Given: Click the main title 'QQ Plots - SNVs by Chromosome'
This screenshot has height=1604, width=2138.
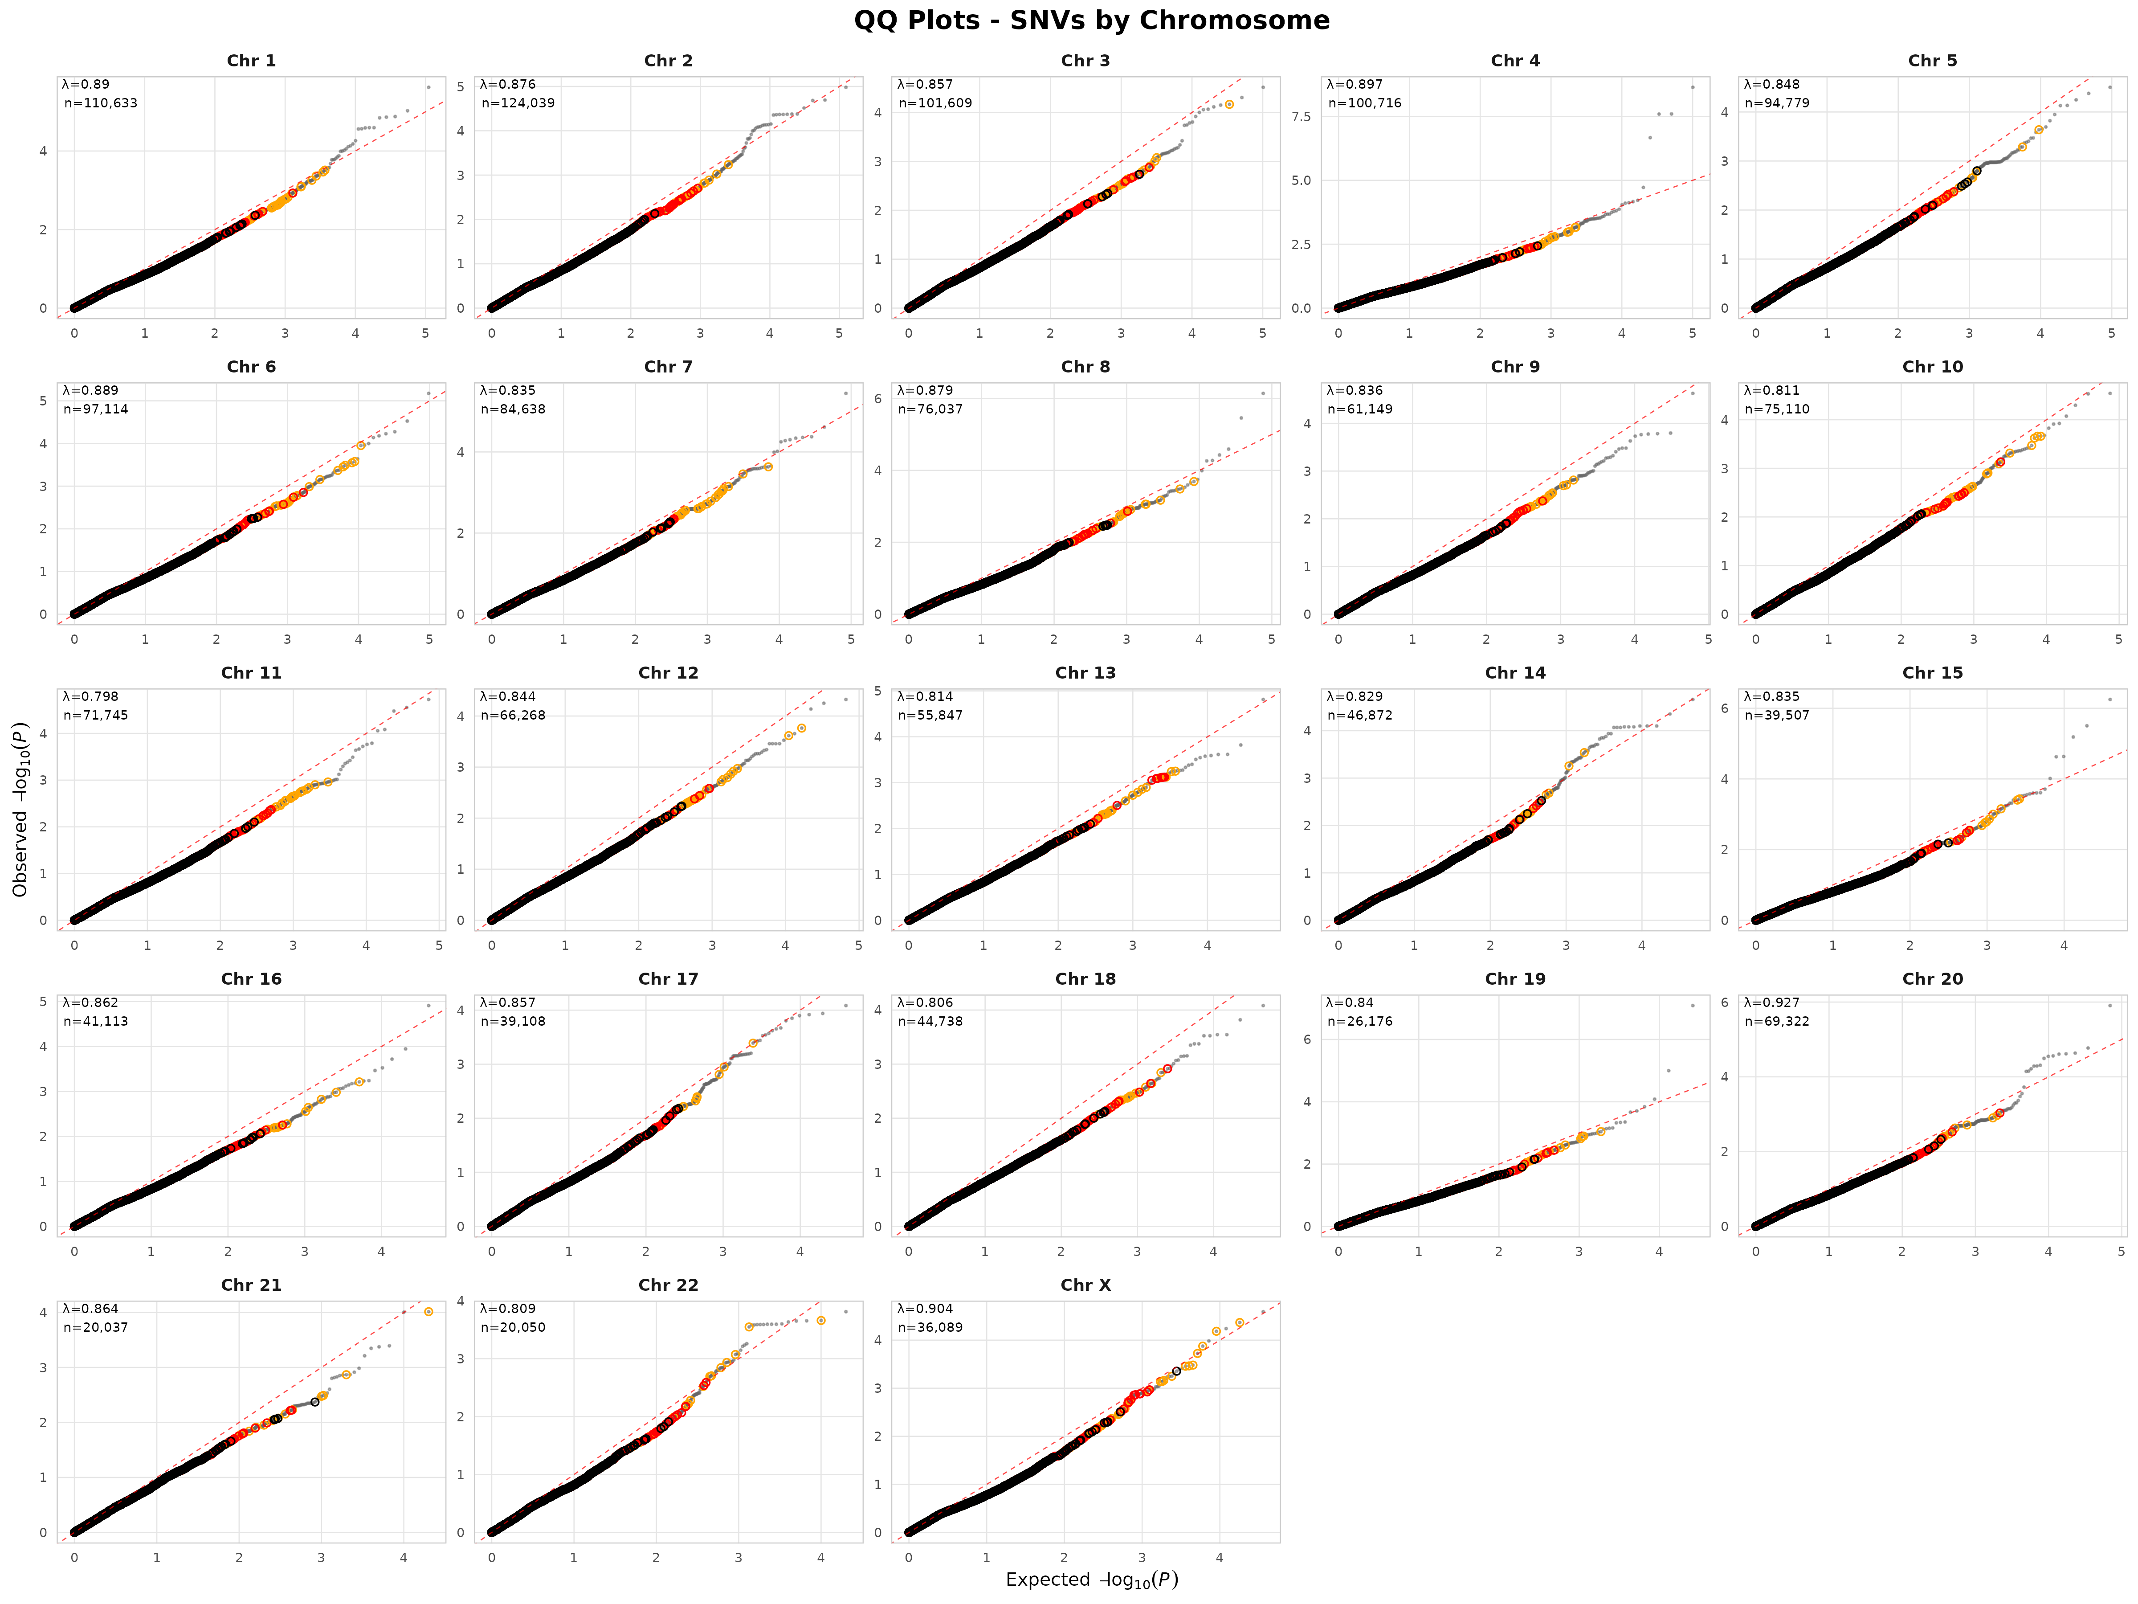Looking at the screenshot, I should coord(1091,20).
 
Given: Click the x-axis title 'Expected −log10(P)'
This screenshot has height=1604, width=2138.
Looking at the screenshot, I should coord(1091,1579).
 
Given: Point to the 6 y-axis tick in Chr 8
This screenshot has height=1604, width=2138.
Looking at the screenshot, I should coord(877,398).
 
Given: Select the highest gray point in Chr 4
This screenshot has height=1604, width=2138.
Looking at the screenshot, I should coord(1693,87).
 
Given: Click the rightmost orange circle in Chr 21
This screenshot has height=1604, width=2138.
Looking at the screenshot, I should coord(428,1312).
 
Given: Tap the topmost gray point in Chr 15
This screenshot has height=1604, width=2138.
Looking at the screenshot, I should coord(2110,699).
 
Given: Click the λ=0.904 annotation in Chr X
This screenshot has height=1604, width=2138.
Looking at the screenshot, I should coord(925,1308).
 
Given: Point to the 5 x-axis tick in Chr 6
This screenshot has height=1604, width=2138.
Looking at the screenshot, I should coord(429,639).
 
